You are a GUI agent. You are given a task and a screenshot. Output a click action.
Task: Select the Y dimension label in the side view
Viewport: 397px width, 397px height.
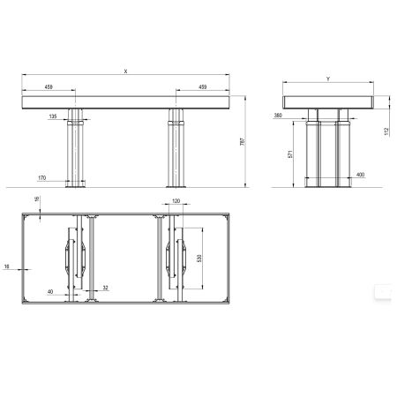pos(327,78)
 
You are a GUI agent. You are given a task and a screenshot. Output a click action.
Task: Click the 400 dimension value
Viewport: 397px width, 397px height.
pos(360,176)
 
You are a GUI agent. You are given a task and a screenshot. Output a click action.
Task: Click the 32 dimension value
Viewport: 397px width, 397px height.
pos(105,288)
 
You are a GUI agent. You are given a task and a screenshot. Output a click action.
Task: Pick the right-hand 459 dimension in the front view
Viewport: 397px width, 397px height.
pos(203,87)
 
